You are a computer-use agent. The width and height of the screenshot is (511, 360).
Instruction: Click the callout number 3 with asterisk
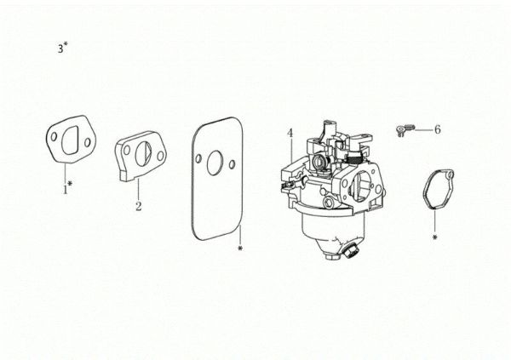63,48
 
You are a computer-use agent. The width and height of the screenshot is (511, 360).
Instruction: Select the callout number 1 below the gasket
67,188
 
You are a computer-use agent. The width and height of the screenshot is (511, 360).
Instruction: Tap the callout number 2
139,206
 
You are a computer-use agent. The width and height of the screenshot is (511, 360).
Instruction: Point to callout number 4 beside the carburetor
290,134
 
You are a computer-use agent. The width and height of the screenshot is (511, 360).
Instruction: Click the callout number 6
438,129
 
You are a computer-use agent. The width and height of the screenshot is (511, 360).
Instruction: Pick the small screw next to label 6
404,129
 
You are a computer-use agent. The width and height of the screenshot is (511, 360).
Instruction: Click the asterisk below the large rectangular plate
240,249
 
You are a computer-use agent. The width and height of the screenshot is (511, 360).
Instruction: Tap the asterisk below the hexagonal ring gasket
434,237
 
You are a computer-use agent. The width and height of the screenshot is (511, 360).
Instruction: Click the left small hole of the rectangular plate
198,159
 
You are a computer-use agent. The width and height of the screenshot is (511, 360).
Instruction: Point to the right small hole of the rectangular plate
232,164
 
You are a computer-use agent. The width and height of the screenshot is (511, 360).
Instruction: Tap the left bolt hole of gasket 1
55,136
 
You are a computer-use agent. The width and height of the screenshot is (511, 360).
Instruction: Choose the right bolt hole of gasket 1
88,142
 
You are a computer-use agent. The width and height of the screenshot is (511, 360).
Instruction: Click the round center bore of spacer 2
144,153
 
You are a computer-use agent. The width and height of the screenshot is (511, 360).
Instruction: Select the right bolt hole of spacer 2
160,156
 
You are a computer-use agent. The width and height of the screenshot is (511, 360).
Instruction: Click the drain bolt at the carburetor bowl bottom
351,250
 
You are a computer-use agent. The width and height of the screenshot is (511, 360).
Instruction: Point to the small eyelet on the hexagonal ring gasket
450,175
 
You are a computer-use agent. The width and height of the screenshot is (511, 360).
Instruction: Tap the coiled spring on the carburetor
353,159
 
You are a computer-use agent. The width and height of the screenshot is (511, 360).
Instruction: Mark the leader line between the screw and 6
422,129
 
